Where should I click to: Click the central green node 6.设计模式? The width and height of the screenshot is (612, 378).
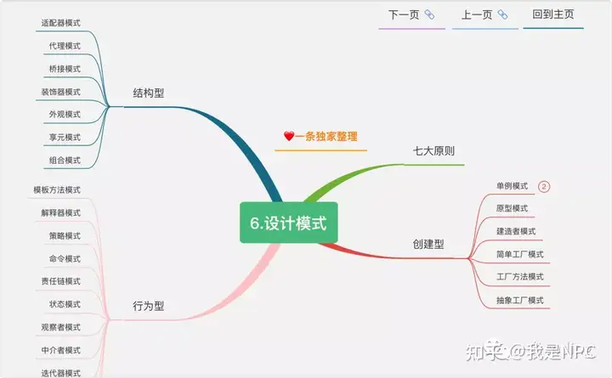point(288,223)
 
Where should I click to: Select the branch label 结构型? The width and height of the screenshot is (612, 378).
point(148,93)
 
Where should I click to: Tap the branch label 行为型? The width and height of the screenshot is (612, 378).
point(148,306)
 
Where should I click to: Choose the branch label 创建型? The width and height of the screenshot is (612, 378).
point(428,244)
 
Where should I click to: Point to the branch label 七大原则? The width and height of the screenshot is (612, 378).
point(433,151)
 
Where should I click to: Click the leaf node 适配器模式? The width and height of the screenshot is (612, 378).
point(61,23)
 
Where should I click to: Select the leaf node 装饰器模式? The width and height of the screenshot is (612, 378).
point(61,92)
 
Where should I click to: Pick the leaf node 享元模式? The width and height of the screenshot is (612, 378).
point(65,138)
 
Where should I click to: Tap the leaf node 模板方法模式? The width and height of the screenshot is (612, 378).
point(57,190)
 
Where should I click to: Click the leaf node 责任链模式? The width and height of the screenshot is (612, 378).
point(61,281)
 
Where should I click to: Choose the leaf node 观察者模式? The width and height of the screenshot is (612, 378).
point(61,327)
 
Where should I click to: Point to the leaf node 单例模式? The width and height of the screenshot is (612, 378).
point(512,186)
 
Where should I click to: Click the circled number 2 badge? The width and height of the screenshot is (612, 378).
point(544,187)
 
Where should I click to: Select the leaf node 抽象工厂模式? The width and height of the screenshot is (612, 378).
point(520,301)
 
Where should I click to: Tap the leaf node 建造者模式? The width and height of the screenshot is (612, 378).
point(516,231)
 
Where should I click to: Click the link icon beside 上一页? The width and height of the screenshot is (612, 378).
point(502,14)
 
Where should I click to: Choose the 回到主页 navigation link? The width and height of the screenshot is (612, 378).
point(553,14)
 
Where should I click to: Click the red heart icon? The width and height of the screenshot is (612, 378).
point(289,136)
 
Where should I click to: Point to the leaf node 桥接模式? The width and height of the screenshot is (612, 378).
point(65,69)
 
